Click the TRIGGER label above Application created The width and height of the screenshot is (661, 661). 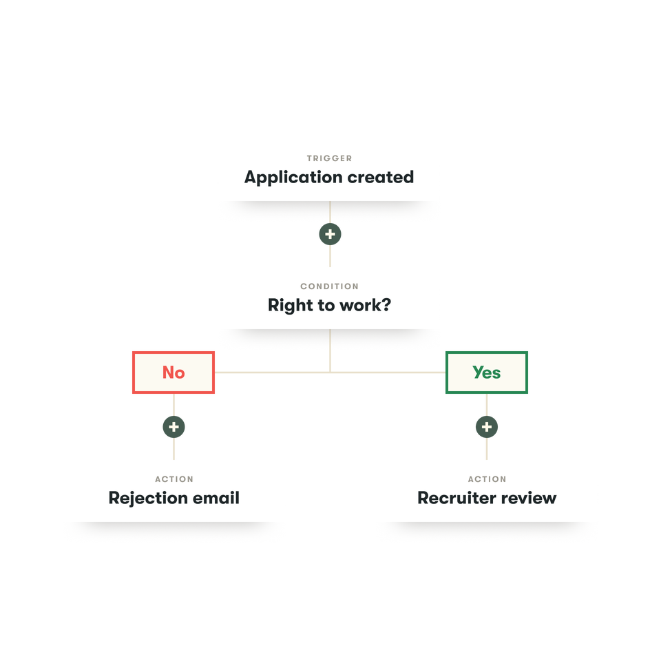coord(329,158)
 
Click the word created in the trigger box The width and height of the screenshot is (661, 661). coord(380,177)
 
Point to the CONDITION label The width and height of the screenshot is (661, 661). coord(329,286)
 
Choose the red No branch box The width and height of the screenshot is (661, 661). coord(174,373)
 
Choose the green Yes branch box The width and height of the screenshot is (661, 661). coord(487,373)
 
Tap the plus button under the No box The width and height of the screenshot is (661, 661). coord(174,428)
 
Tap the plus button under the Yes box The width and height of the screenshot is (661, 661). coord(487,428)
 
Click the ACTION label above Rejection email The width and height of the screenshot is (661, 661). coord(174,479)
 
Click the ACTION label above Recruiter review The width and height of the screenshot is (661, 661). coord(487,479)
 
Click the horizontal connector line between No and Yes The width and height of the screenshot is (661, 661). coord(275,373)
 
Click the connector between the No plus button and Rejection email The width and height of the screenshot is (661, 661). coord(174,449)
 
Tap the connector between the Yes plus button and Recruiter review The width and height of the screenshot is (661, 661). coord(487,449)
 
